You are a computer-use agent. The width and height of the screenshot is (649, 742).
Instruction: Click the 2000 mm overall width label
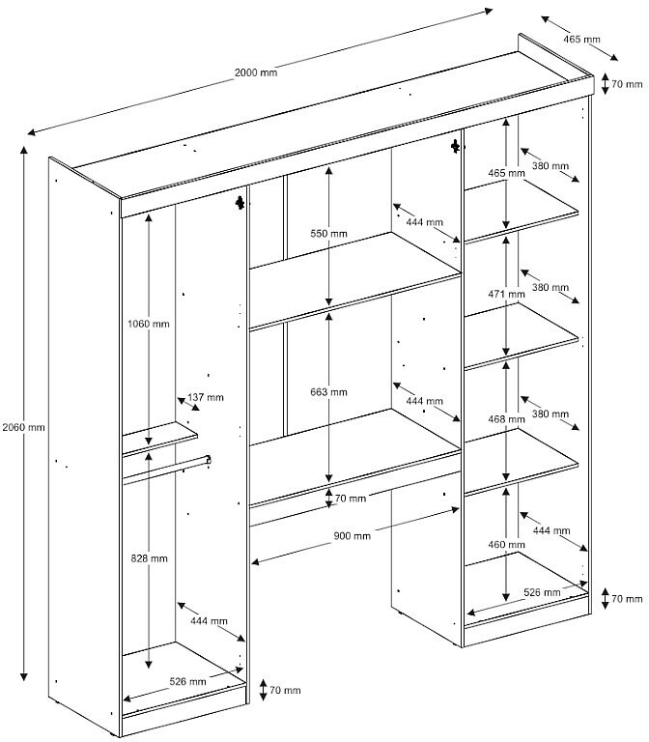(255, 73)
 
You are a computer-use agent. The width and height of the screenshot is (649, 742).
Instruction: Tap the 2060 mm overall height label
(23, 427)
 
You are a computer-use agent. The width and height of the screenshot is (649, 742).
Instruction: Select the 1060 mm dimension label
(149, 324)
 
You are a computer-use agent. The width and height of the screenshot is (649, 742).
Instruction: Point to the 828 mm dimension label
(148, 558)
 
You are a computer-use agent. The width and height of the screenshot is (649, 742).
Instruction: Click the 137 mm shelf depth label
(206, 397)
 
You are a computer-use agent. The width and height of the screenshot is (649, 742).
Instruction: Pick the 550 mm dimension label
(329, 235)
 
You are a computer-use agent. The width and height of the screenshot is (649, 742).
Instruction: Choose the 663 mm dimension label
(329, 392)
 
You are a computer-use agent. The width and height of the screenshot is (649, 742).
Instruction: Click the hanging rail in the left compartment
(164, 469)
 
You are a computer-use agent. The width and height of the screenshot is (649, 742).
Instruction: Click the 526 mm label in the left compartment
(187, 681)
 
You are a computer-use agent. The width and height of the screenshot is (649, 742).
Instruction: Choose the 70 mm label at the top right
(627, 85)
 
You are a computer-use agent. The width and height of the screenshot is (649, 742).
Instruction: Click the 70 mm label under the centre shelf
(351, 499)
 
